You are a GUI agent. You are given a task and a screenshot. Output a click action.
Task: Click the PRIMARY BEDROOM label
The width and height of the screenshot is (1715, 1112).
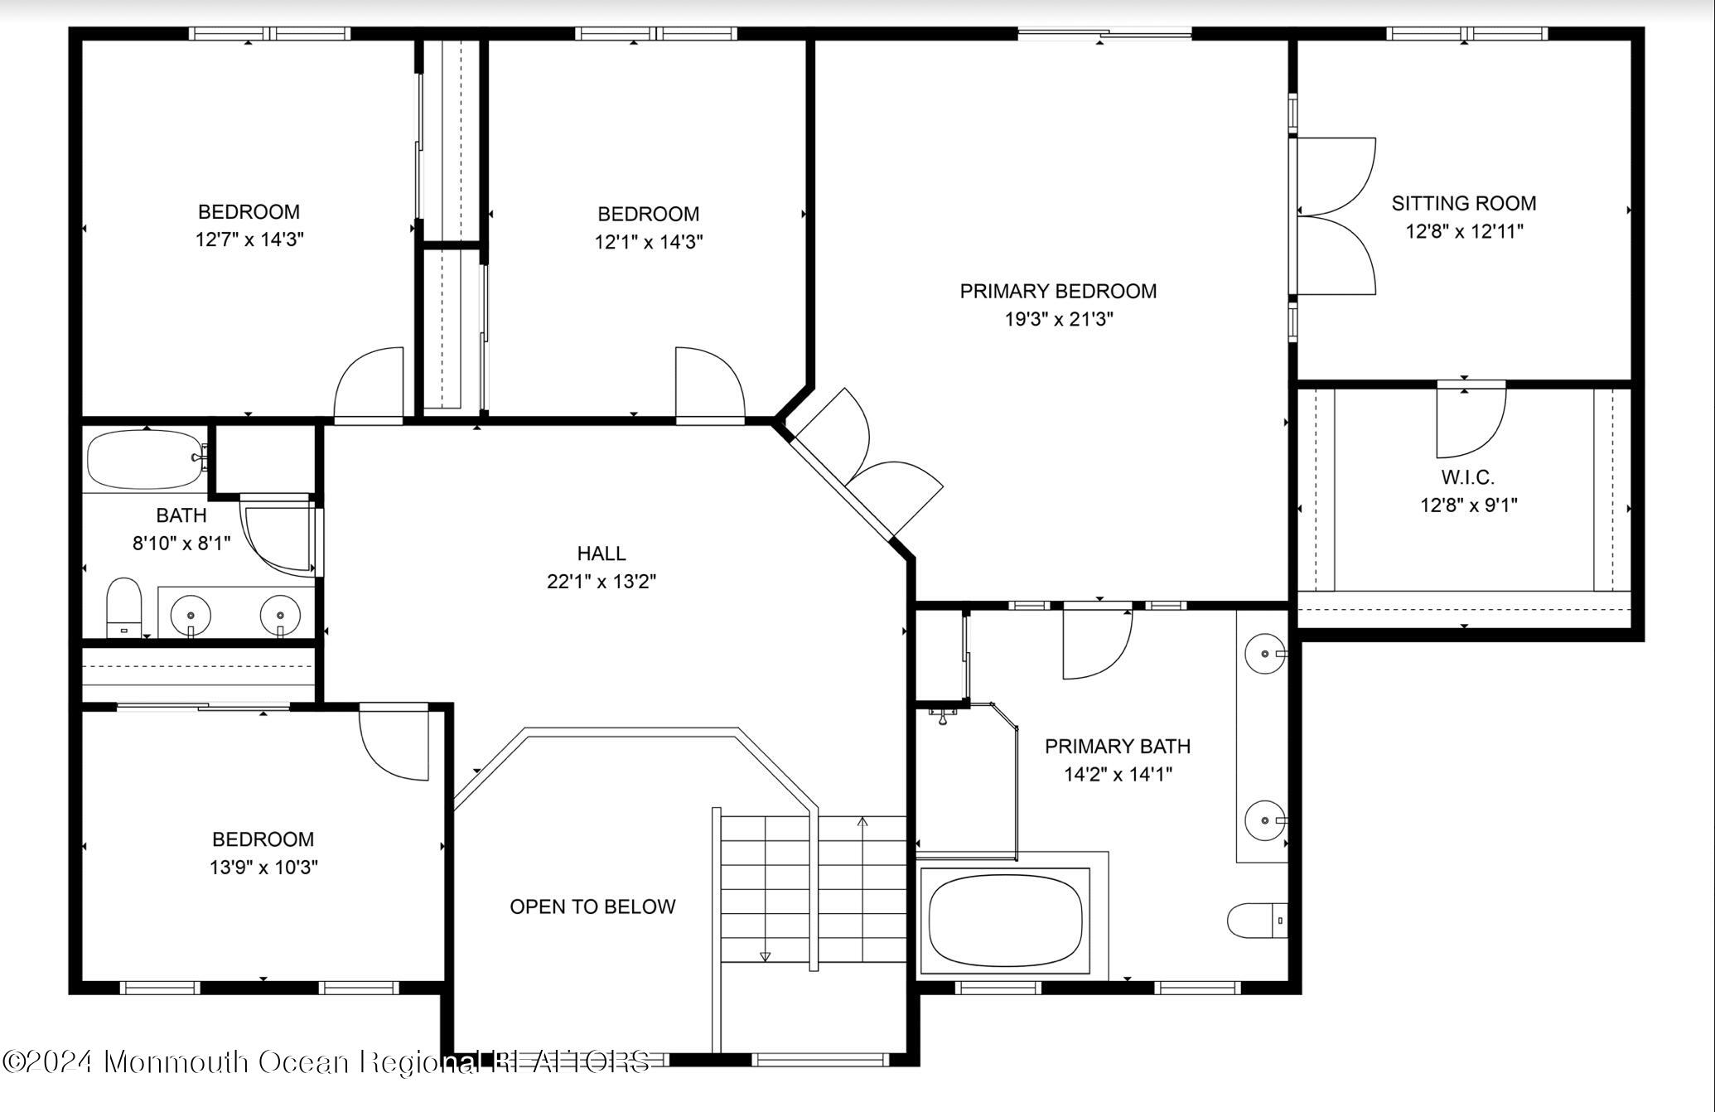1058,292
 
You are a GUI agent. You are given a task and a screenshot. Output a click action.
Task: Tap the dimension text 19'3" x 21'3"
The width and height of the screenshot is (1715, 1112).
1058,320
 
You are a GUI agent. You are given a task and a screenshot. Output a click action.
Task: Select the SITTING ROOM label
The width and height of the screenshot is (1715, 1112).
1463,204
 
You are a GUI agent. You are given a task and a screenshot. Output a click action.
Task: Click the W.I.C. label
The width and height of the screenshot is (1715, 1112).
1467,478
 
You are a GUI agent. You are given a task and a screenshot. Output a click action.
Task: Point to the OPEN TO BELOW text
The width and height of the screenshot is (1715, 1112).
592,907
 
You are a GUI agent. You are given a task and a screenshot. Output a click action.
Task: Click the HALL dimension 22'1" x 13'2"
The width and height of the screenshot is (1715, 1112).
601,582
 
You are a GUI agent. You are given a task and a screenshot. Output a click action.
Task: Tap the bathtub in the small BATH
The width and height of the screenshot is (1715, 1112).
145,459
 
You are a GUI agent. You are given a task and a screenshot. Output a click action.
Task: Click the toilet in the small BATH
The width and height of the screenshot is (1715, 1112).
124,607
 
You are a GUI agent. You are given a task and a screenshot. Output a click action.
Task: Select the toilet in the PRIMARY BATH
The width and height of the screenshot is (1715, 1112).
1257,921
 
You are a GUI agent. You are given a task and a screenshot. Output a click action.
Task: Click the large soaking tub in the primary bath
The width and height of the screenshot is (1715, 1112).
1005,922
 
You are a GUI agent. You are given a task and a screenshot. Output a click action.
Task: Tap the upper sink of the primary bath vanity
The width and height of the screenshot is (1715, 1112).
1264,654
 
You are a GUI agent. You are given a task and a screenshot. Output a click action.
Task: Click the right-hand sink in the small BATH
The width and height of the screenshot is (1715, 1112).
280,615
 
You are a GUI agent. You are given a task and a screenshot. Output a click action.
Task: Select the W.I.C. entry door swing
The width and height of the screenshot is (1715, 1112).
1470,422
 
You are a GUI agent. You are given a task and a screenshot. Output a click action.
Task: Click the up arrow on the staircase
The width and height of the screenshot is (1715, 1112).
862,822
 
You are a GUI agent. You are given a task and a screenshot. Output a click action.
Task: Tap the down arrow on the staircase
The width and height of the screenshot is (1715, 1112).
765,955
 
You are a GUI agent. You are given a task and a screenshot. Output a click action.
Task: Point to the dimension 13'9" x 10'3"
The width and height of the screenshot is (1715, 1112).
263,868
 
